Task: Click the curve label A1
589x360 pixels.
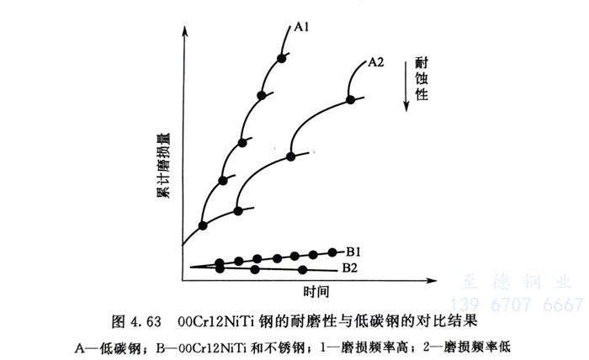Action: point(303,26)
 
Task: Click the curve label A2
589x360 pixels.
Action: point(376,61)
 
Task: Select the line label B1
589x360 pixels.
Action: point(353,250)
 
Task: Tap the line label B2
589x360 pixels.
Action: point(350,268)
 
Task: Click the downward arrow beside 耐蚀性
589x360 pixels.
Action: point(406,93)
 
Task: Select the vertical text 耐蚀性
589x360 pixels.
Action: point(422,80)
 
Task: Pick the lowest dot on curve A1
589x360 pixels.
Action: point(203,225)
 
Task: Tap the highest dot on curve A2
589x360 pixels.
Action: point(350,99)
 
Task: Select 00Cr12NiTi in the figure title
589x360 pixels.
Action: point(220,321)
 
